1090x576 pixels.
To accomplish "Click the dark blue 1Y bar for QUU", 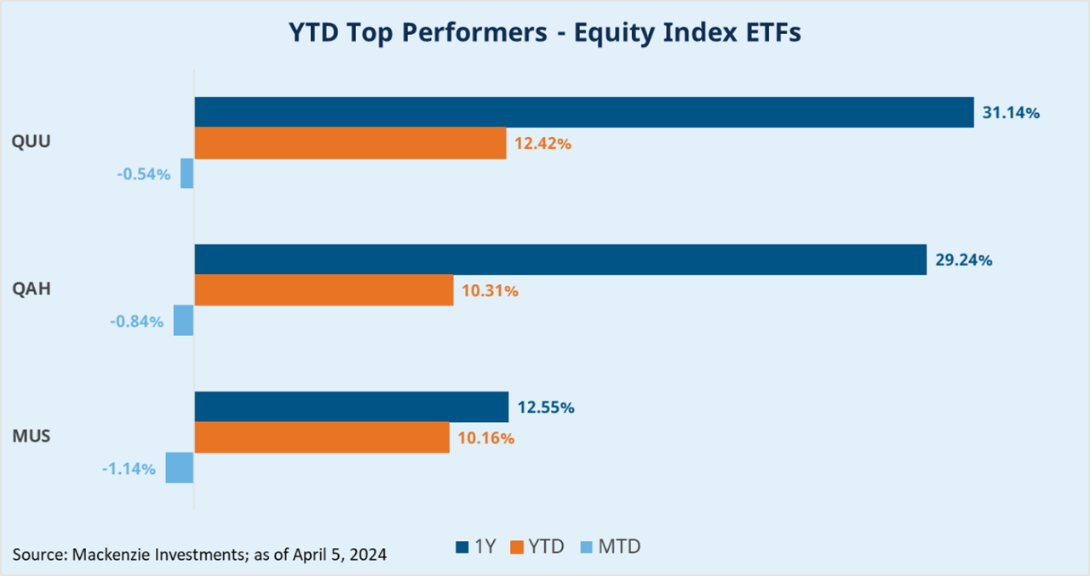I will (x=584, y=112).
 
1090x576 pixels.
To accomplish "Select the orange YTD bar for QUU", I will (x=350, y=143).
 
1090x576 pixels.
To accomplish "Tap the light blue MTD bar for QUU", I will (x=186, y=174).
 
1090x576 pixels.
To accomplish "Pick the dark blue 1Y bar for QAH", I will (x=560, y=259).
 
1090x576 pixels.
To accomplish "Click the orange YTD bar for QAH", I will (x=324, y=290).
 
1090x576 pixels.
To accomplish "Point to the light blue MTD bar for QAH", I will (x=183, y=321).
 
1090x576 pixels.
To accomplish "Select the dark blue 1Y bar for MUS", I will (x=351, y=407).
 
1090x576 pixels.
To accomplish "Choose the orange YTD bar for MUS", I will (x=322, y=437).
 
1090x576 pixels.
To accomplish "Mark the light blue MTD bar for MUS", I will (x=179, y=468).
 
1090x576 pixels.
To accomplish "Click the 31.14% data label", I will (x=1011, y=112).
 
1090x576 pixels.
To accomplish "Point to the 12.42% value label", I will (x=542, y=144).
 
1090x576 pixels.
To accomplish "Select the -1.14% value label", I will (x=128, y=469).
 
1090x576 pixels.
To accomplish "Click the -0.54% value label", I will (x=143, y=174).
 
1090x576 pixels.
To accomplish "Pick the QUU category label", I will (x=32, y=142).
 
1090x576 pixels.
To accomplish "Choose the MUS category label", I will (x=32, y=436).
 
